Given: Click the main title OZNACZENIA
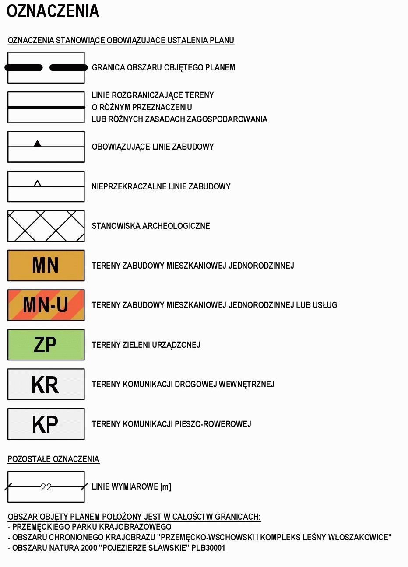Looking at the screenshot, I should [x=53, y=11].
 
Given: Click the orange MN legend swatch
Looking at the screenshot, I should [x=46, y=265].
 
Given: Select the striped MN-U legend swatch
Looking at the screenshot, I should [x=46, y=305].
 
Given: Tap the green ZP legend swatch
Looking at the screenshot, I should [x=46, y=345].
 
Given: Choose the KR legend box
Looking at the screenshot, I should [x=46, y=384].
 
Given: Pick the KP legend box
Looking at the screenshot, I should [x=46, y=424].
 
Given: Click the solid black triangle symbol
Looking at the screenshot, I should [x=38, y=143].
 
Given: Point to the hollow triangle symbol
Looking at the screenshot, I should [x=38, y=183].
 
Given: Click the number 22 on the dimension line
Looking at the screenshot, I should [x=46, y=487].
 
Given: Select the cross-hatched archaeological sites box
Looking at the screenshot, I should [x=46, y=226].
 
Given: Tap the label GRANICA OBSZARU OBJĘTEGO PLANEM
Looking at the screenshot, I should [x=163, y=68].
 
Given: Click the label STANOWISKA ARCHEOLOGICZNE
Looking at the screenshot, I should [x=151, y=226].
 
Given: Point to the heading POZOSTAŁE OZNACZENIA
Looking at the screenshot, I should [x=53, y=459].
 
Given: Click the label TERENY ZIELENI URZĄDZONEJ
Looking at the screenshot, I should [x=146, y=345].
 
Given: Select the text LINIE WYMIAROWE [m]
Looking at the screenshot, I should [x=131, y=487].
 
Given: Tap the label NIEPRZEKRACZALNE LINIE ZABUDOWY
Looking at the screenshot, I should [x=161, y=187].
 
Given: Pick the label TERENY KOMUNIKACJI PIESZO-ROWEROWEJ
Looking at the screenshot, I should [x=171, y=424].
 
